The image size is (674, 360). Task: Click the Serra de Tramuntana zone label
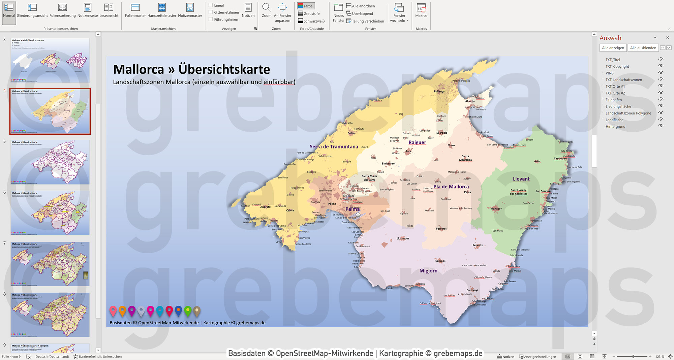[x=334, y=146]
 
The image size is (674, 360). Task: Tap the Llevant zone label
[x=521, y=179]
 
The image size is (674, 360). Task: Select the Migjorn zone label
[x=428, y=271]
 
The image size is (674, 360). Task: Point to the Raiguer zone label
[x=417, y=142]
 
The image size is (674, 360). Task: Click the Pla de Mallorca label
[x=451, y=187]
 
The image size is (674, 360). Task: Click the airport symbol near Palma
[x=358, y=215]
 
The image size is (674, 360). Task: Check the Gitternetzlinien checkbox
[x=211, y=12]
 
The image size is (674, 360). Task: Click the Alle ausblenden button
[x=643, y=48]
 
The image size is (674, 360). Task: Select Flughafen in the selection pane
[x=613, y=100]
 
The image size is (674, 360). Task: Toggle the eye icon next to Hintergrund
[x=661, y=126]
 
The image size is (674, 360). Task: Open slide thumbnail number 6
[x=50, y=213]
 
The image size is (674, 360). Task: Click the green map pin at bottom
[x=188, y=310]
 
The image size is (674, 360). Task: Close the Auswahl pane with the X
[x=667, y=38]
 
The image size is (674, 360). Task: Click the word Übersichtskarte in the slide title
[x=224, y=69]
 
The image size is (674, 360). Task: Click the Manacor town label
[x=496, y=209]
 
